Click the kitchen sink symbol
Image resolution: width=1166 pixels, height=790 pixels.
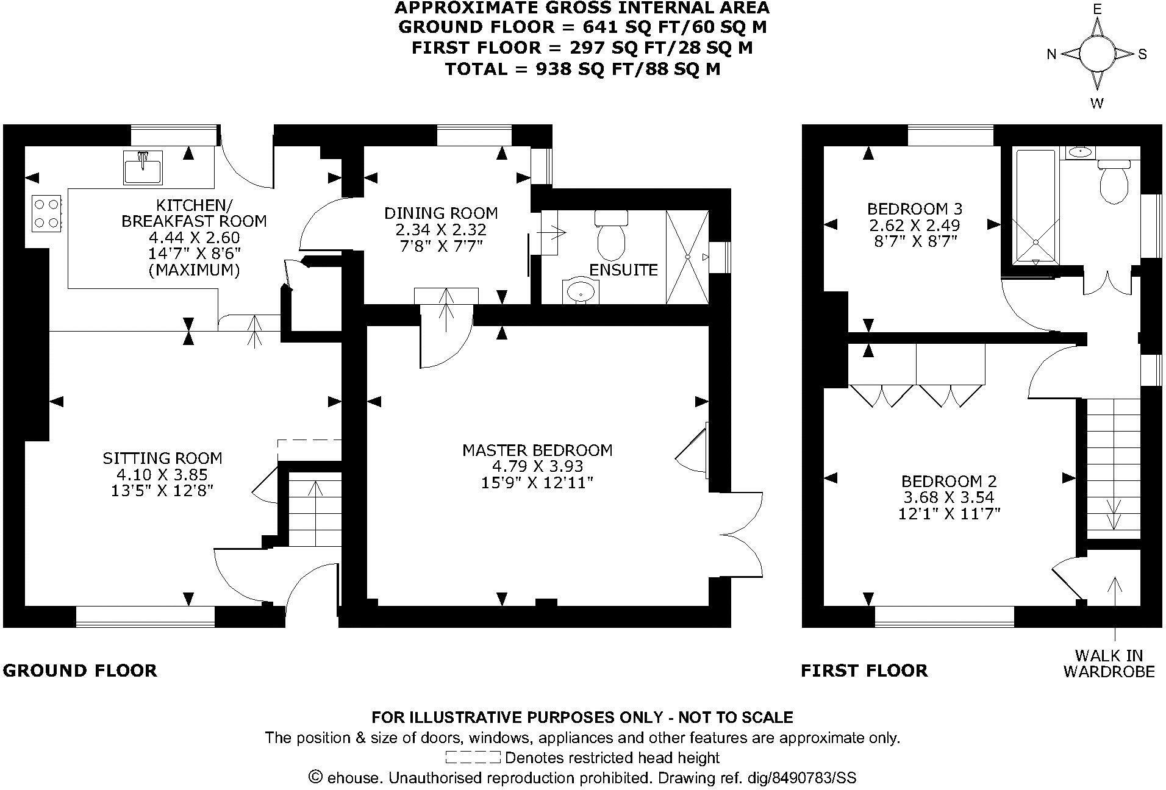143,167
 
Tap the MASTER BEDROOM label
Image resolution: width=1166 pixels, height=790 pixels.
537,450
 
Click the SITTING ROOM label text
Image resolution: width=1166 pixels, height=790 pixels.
162,458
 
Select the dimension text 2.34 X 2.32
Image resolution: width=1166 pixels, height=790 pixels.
440,230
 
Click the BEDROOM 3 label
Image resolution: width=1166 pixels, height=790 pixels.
914,209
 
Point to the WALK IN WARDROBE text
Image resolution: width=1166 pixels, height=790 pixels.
1109,663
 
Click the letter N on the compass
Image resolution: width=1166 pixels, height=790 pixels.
1051,54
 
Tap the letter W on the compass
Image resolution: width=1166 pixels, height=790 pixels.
1096,103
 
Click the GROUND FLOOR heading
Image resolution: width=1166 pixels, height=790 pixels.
80,671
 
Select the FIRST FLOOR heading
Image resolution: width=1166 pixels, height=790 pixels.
864,671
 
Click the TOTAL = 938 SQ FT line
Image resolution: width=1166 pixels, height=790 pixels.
582,69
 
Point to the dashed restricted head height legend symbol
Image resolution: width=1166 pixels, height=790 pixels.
473,758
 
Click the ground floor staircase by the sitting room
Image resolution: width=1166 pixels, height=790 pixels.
314,511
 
